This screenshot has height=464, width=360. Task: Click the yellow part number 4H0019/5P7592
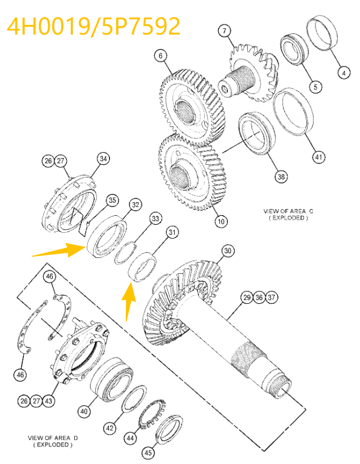point(94,25)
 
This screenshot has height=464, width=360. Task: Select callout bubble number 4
point(342,72)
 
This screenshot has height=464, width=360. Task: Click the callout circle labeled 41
point(319,157)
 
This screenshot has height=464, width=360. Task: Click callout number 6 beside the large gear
point(160,56)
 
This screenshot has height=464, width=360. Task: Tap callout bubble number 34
point(103,159)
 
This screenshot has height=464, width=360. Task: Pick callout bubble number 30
point(227,250)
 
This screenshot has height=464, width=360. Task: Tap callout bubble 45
point(148,452)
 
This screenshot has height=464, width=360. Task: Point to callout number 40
point(84,411)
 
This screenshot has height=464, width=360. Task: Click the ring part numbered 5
point(294,51)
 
